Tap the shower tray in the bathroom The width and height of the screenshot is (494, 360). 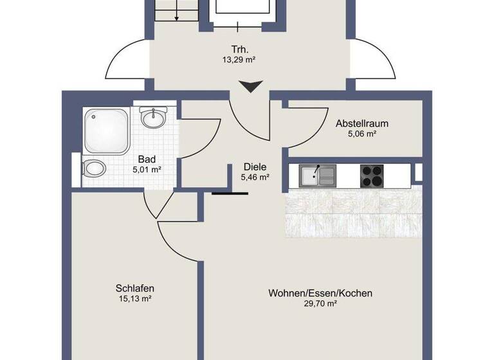click(x=107, y=130)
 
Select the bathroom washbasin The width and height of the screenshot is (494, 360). click(x=153, y=118)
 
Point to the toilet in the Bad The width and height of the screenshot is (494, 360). click(x=95, y=169)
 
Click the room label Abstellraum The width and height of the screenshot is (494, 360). click(x=361, y=123)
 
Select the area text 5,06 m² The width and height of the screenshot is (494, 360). click(x=361, y=134)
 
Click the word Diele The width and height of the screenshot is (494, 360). click(x=255, y=166)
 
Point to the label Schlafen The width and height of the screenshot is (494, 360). click(x=135, y=289)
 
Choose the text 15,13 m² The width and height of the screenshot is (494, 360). click(x=135, y=299)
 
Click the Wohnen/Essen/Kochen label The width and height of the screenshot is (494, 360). click(x=320, y=293)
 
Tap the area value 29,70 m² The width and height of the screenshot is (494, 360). click(x=320, y=303)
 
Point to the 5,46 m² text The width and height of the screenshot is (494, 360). click(x=255, y=177)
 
